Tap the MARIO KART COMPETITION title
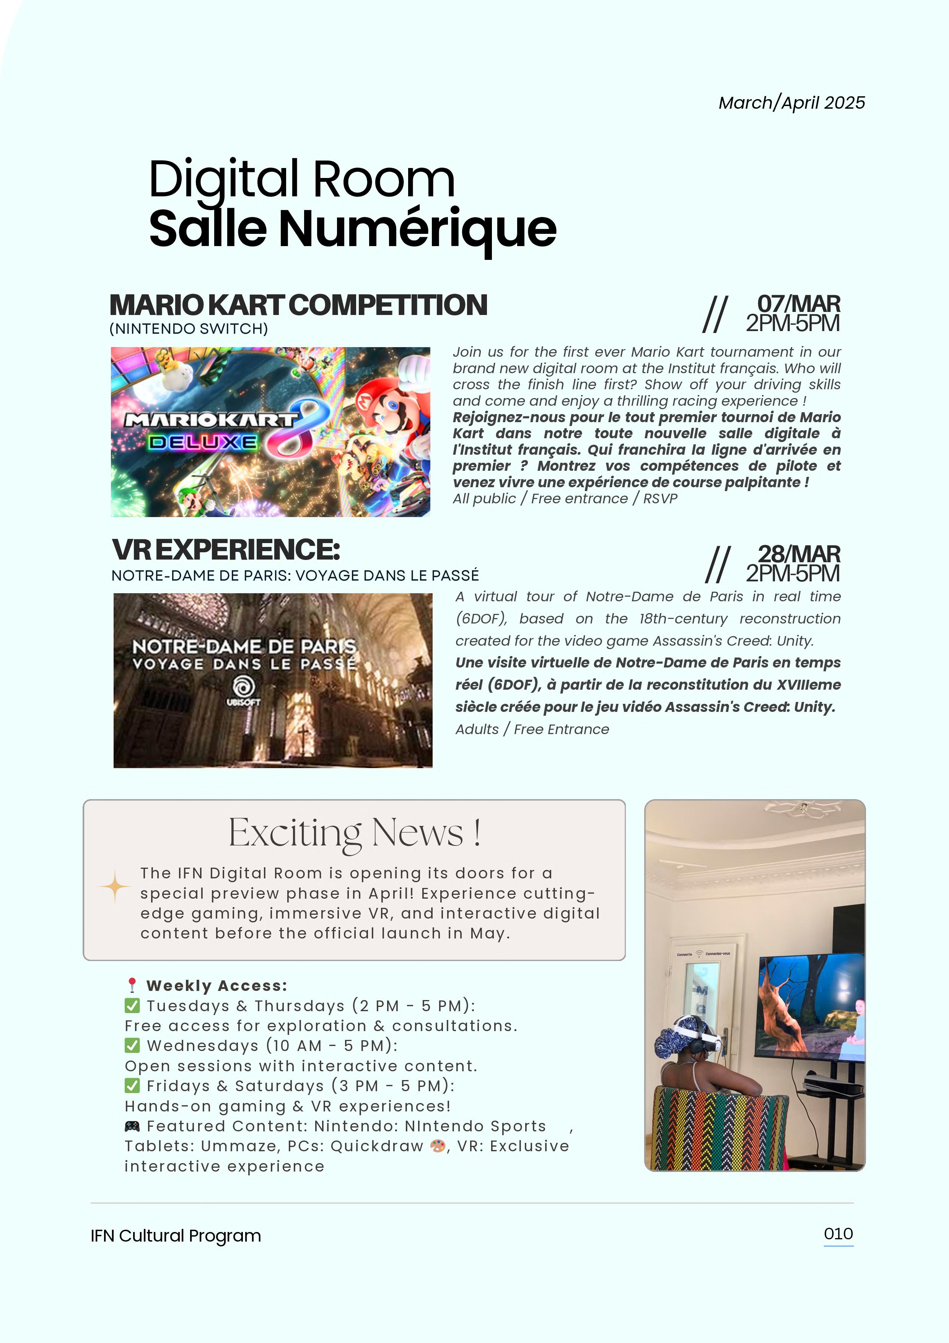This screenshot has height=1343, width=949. [x=298, y=305]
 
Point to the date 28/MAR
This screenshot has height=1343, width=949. [x=799, y=554]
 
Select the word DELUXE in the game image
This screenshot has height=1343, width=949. [x=202, y=442]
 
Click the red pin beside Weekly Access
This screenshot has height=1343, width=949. [x=132, y=986]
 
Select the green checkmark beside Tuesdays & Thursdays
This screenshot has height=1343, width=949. [x=132, y=1005]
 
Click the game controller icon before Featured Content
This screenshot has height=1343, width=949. [x=132, y=1126]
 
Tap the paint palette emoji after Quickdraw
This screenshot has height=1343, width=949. [x=437, y=1146]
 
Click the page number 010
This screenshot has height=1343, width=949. [x=838, y=1234]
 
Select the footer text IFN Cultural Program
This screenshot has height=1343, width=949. [x=176, y=1236]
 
